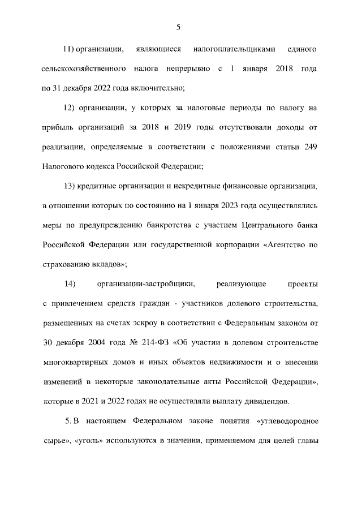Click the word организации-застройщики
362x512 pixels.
click(146, 283)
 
